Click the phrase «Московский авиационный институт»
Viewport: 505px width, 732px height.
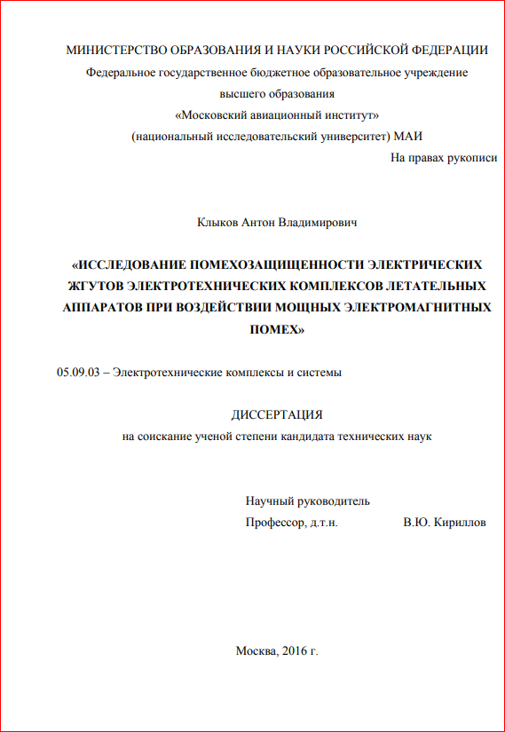pyautogui.click(x=278, y=115)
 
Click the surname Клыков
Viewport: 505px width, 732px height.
pyautogui.click(x=217, y=222)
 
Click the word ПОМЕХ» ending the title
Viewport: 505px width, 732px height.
pyautogui.click(x=277, y=328)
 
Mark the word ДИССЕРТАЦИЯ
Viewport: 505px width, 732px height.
pyautogui.click(x=277, y=414)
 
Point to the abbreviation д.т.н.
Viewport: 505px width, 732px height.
pyautogui.click(x=324, y=523)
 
